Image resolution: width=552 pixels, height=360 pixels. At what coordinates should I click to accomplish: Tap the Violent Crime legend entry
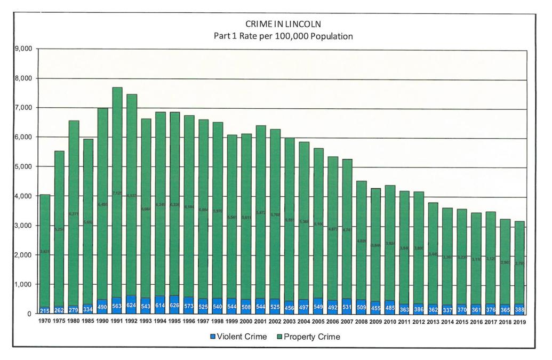(238, 337)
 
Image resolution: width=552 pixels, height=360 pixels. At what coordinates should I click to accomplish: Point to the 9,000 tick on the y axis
(23, 49)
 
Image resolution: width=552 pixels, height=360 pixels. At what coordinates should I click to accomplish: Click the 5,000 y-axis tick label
(23, 166)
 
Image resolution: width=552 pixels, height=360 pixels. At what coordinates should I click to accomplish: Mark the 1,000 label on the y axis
(23, 284)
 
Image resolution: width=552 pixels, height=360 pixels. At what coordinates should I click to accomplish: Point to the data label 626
(175, 307)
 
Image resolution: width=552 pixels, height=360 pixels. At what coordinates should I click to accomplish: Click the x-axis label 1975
(59, 322)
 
